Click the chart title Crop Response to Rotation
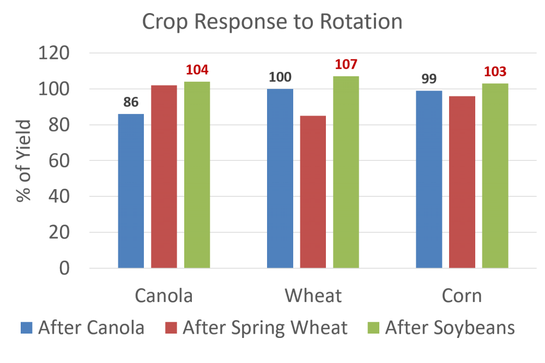pyautogui.click(x=272, y=22)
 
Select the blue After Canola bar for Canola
pyautogui.click(x=131, y=191)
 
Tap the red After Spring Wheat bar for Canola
pyautogui.click(x=164, y=177)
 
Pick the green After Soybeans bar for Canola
pyautogui.click(x=197, y=174)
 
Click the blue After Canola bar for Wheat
pyautogui.click(x=280, y=178)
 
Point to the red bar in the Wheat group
pyautogui.click(x=313, y=192)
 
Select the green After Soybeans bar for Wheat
pyautogui.click(x=346, y=172)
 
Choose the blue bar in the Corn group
pyautogui.click(x=429, y=179)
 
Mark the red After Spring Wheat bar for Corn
pyautogui.click(x=462, y=182)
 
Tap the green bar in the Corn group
pyautogui.click(x=495, y=176)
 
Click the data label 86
pyautogui.click(x=131, y=102)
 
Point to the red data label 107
pyautogui.click(x=346, y=65)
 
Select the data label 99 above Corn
pyautogui.click(x=429, y=79)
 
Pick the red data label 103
pyautogui.click(x=495, y=72)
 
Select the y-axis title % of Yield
pyautogui.click(x=24, y=161)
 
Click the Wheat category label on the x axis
pyautogui.click(x=313, y=296)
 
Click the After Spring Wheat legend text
pyautogui.click(x=265, y=328)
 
